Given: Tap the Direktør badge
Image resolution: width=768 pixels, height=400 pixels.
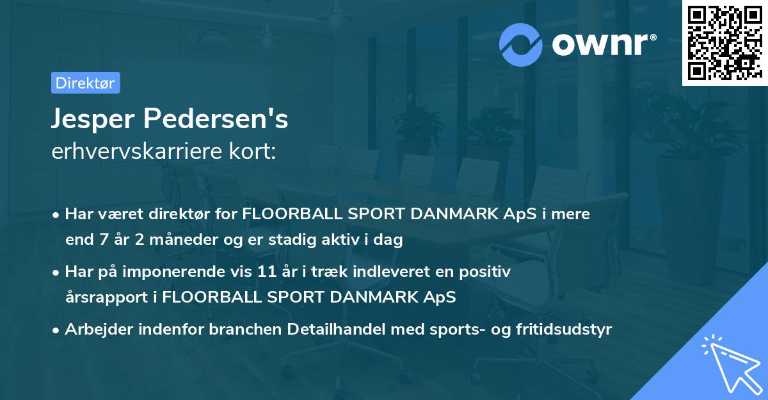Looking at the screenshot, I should click(85, 83).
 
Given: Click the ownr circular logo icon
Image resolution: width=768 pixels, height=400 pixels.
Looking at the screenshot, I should click(520, 44).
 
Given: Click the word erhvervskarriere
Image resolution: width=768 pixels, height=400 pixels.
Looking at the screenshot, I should click(137, 151).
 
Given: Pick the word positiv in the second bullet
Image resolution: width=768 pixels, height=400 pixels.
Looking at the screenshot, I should click(486, 272).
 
